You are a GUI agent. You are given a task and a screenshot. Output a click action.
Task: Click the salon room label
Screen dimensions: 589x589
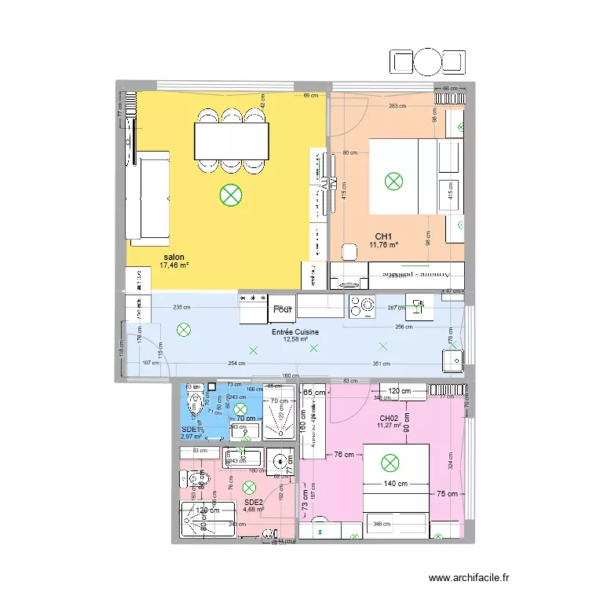(x=174, y=257)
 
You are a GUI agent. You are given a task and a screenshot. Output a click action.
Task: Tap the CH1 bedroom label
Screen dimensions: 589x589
(x=383, y=236)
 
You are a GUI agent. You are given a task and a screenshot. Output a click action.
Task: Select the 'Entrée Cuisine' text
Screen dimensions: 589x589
(x=295, y=332)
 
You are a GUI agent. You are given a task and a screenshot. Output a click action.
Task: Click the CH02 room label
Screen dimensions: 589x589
(x=389, y=418)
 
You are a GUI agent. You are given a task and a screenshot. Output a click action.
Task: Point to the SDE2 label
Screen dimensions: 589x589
(x=253, y=502)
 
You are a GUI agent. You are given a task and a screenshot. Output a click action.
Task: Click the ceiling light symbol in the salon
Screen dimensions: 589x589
(x=230, y=193)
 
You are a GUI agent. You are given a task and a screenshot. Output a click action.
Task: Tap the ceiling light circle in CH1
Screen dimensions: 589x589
(x=393, y=181)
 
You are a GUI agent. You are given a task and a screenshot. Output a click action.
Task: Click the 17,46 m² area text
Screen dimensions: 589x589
(x=174, y=265)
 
